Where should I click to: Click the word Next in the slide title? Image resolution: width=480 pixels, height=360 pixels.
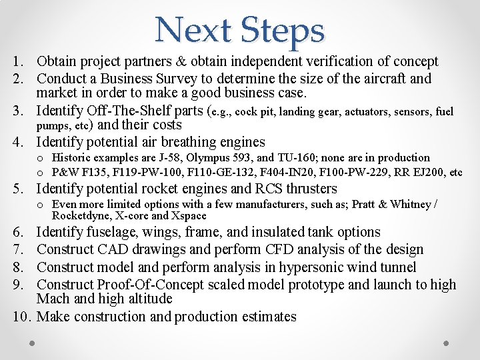tap(193, 30)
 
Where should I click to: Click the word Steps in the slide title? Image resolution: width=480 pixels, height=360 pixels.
tap(283, 31)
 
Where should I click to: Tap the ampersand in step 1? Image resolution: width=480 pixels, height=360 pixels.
tap(181, 62)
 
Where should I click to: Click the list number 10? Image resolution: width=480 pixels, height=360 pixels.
tap(20, 316)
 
